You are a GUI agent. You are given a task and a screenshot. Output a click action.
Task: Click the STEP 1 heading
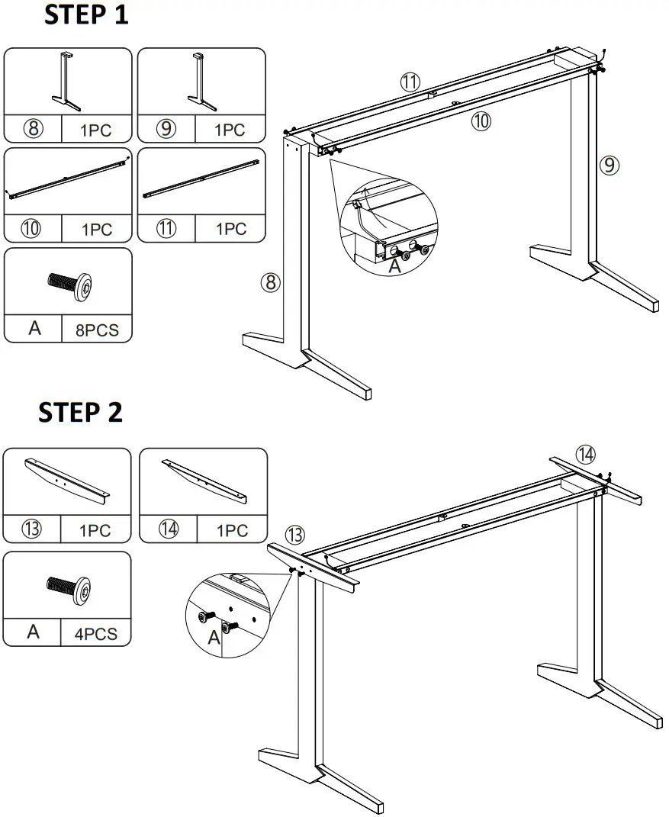pos(86,15)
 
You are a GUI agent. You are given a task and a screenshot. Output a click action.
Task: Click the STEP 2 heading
pos(80,412)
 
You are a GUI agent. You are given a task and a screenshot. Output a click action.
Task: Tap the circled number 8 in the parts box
pos(33,129)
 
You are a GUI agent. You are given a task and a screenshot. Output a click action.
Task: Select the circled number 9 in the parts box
pos(166,129)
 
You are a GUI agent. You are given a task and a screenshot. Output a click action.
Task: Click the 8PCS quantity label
pos(96,330)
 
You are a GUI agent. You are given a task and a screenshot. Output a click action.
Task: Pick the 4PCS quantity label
pos(95,633)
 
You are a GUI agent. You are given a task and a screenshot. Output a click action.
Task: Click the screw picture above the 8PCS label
pos(68,286)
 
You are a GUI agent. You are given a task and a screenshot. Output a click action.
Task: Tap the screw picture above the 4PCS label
pos(68,590)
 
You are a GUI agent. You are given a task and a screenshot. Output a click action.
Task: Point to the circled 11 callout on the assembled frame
pos(410,82)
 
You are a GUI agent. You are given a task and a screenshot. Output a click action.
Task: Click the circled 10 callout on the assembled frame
pos(480,120)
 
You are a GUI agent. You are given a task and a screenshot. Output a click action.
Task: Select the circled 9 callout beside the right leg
pos(608,164)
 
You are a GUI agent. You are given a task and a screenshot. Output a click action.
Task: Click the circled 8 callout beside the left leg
pos(270,283)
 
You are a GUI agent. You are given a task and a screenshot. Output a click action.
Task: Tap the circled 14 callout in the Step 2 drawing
pos(585,455)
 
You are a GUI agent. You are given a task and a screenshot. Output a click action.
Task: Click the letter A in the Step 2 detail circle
pos(214,638)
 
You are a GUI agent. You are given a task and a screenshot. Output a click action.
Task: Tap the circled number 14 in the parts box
pos(169,529)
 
